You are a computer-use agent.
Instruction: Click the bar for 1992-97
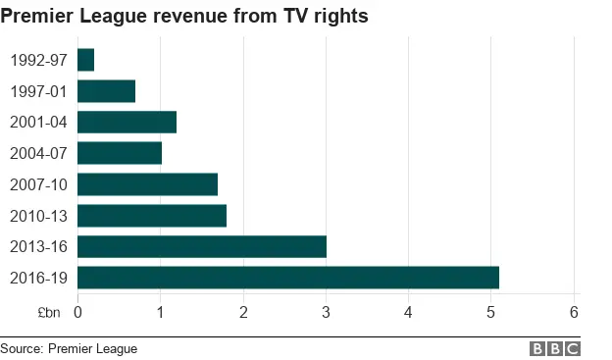pos(85,60)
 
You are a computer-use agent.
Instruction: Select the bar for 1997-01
pos(106,91)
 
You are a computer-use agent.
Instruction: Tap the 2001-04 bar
pos(127,122)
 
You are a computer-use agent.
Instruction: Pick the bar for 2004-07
pos(119,153)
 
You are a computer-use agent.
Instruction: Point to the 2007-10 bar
pos(147,184)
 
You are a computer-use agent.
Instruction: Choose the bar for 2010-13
pos(151,216)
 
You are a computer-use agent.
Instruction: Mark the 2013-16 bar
pos(201,246)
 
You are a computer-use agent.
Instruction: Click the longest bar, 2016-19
pos(287,278)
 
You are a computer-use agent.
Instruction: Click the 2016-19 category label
pos(38,278)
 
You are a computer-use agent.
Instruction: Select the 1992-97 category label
pos(38,60)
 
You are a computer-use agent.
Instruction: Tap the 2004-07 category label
pos(38,153)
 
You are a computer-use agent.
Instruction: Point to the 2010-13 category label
pos(38,216)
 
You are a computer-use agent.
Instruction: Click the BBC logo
pos(555,348)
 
